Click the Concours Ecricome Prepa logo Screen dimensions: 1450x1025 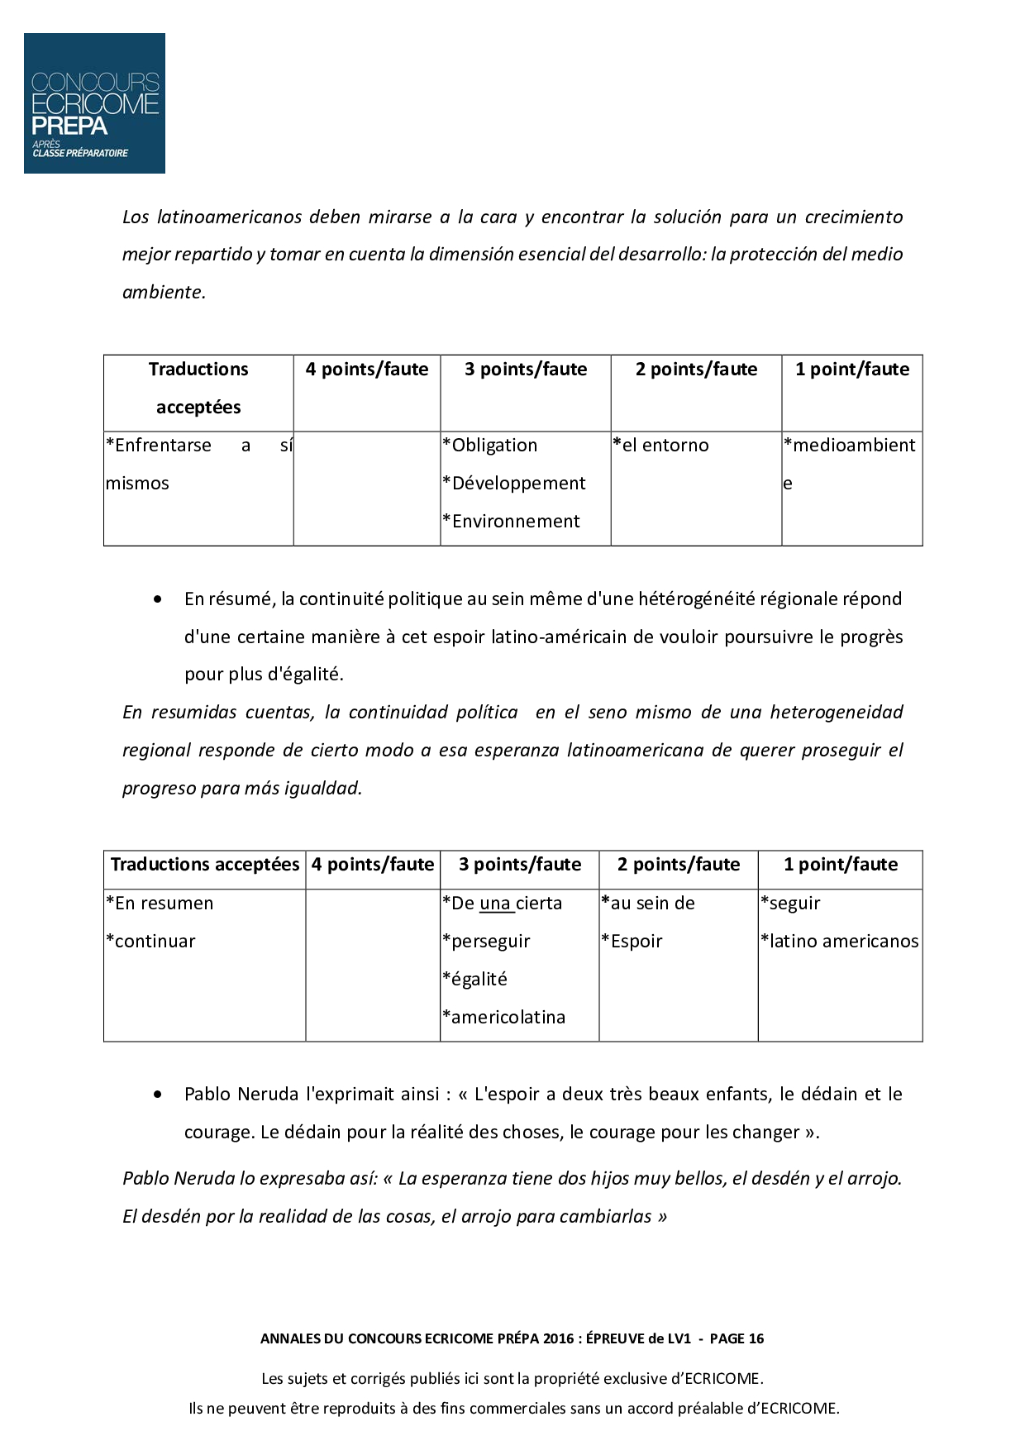point(94,103)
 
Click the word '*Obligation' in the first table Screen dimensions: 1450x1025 point(490,446)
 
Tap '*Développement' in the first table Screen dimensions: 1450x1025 point(514,484)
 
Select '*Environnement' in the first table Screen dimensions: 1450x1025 point(512,522)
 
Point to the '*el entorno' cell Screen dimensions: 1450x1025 point(660,446)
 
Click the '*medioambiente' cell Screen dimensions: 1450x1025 point(850,446)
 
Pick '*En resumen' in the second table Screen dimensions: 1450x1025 point(160,904)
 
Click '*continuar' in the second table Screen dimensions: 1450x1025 point(150,942)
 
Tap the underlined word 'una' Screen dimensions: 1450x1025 point(495,904)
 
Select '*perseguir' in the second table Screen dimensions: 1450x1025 point(486,942)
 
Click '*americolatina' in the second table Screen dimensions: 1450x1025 point(504,1018)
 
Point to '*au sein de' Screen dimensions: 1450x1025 point(648,904)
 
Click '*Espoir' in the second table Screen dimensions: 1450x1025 point(632,942)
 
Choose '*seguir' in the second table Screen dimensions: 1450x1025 point(790,904)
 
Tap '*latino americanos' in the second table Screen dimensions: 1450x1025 point(839,942)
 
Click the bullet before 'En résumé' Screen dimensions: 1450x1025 point(158,599)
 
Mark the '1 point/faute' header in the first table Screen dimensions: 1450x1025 point(851,370)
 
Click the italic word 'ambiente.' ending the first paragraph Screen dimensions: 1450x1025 point(164,293)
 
